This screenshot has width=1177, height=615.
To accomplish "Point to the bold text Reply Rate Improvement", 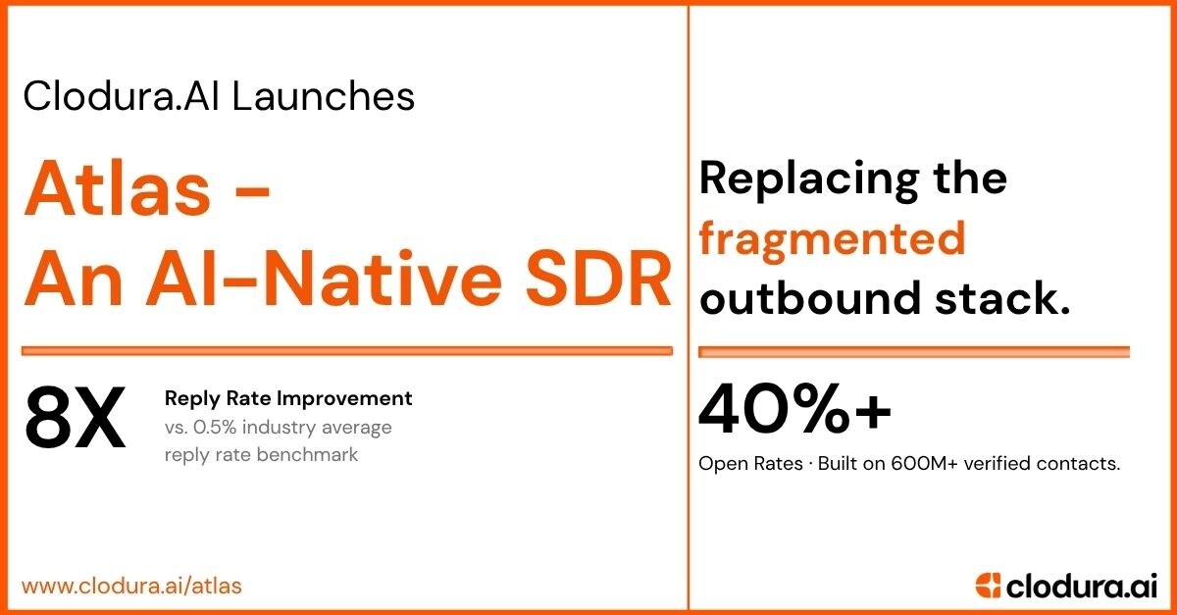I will click(x=288, y=398).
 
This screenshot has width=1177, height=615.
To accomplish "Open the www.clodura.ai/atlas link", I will click(x=131, y=586).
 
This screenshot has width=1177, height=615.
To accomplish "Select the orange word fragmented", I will click(x=832, y=238).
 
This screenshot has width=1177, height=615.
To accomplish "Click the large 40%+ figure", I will click(x=794, y=410).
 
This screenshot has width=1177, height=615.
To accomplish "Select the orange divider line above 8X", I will click(x=347, y=349).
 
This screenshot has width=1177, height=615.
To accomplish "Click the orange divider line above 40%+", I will click(x=914, y=351).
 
